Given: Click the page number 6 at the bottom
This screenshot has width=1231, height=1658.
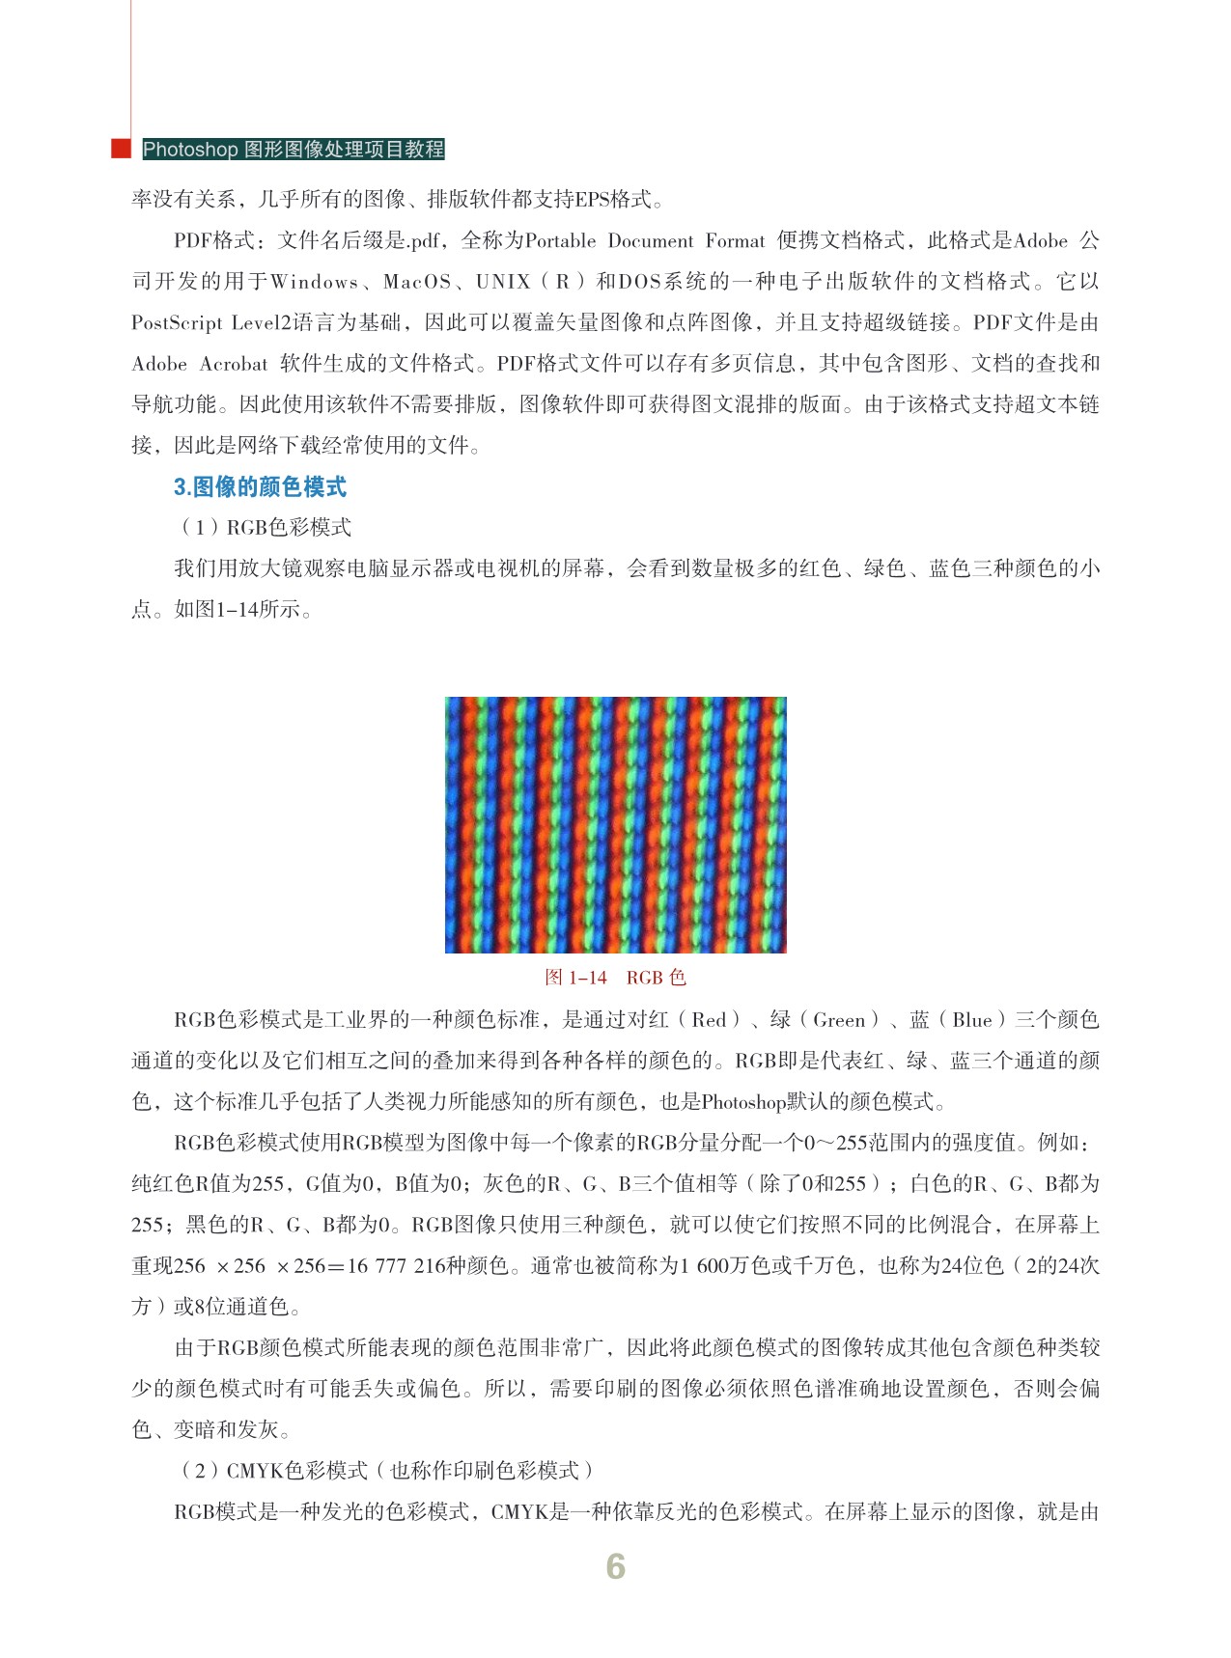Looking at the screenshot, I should tap(615, 1566).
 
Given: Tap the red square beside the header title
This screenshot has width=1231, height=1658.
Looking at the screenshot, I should tap(121, 149).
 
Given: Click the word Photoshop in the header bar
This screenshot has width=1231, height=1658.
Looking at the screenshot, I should tap(190, 150).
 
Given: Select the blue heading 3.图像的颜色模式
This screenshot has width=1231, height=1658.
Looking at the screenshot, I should tap(260, 486).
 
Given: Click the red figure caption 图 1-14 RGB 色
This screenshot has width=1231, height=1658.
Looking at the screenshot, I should tap(615, 978).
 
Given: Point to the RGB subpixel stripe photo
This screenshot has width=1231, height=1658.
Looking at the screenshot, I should tap(615, 824).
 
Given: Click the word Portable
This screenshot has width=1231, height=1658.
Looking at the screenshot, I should tap(561, 240).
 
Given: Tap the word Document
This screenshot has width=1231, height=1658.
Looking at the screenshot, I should tap(651, 240).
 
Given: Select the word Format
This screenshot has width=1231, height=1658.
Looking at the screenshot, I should tap(735, 240).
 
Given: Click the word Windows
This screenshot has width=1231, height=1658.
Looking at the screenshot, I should tap(315, 282).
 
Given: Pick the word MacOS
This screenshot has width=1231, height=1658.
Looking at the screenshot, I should tap(417, 282).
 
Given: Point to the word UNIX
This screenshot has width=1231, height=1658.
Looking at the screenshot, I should tap(503, 282).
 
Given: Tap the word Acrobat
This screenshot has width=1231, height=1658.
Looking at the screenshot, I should tap(234, 364).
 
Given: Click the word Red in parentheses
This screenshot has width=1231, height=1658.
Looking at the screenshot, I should tap(709, 1020).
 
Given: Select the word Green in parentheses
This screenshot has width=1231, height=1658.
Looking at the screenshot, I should tap(839, 1020).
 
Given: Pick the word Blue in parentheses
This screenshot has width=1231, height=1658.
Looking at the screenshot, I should tap(972, 1020).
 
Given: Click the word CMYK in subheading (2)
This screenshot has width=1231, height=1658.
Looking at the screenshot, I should tap(255, 1470).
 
